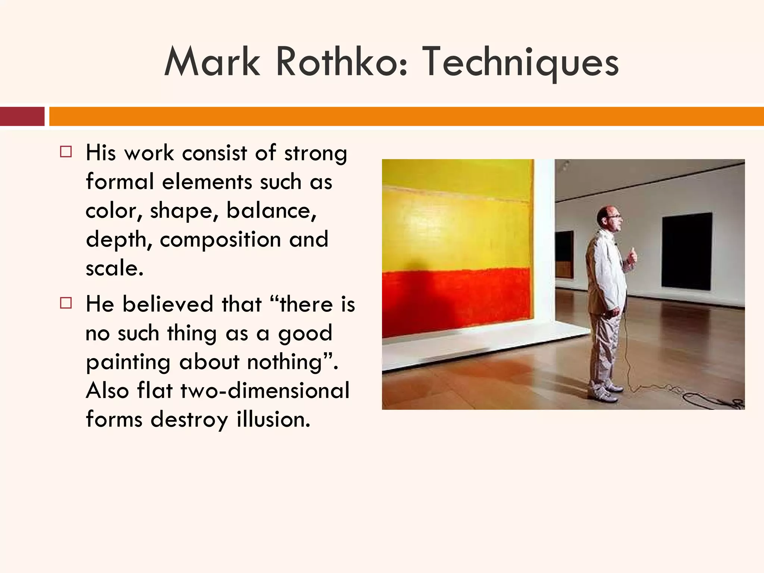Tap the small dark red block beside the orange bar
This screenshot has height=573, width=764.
(22, 116)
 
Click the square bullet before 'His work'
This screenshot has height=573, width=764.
(66, 152)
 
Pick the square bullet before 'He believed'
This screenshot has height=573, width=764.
(66, 303)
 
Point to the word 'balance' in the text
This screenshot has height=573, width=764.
(271, 211)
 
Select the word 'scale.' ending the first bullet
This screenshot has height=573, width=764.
(115, 268)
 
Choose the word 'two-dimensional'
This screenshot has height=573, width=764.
(265, 391)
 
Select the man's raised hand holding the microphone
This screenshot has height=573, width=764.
(632, 256)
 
